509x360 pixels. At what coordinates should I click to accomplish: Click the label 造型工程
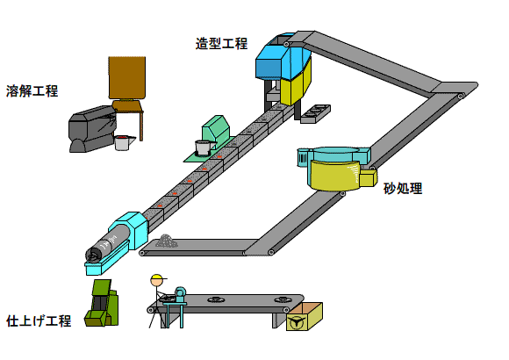tap(221, 44)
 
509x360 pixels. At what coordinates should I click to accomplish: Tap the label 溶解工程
tap(32, 91)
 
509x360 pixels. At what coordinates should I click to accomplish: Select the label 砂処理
tap(403, 189)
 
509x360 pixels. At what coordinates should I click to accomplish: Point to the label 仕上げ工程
tap(39, 320)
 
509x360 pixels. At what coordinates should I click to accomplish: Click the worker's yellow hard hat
tap(158, 279)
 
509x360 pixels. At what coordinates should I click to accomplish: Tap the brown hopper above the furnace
tap(127, 78)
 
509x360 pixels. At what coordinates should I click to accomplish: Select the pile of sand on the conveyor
tap(166, 241)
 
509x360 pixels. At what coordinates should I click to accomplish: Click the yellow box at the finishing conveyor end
tap(305, 317)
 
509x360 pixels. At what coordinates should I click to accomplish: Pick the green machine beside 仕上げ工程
tap(102, 303)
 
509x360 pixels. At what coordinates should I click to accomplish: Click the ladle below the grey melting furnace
tap(124, 142)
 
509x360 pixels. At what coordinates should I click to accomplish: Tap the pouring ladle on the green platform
tap(204, 148)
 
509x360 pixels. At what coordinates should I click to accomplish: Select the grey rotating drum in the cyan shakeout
tap(108, 245)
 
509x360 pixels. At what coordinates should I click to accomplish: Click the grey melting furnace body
tap(92, 129)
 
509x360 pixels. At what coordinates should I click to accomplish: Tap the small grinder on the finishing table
tap(180, 294)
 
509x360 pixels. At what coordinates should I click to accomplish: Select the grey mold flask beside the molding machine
tap(315, 114)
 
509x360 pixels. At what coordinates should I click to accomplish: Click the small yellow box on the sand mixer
tap(368, 178)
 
